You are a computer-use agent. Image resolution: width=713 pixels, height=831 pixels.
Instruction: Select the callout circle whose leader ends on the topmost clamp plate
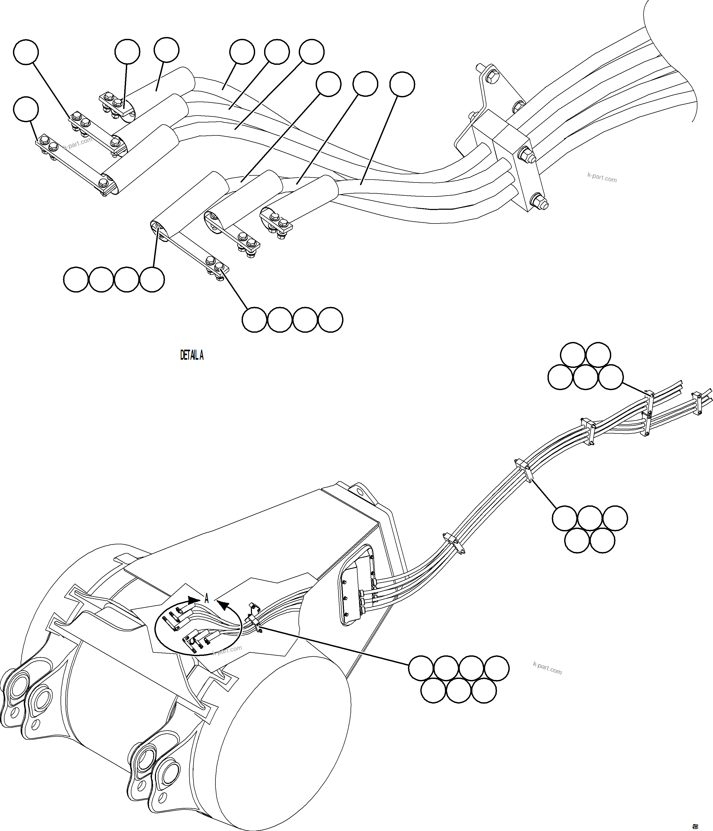[x=127, y=52]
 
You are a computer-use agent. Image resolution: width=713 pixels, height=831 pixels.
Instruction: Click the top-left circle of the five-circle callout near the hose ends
[x=573, y=355]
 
